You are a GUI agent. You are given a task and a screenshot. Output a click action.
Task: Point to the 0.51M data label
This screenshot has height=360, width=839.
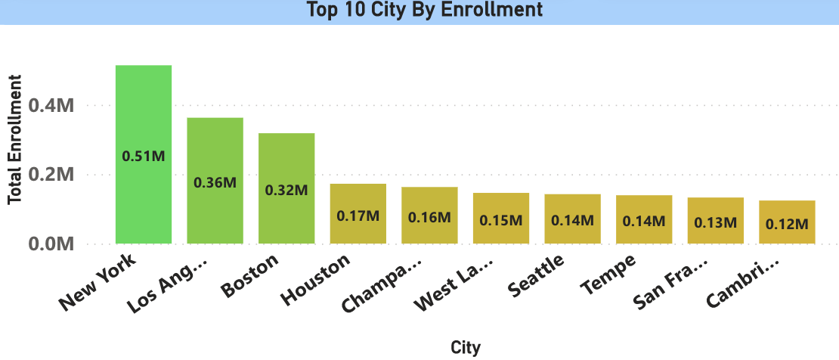[x=144, y=157]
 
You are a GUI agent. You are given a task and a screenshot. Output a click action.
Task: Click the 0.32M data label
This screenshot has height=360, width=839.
[x=286, y=190]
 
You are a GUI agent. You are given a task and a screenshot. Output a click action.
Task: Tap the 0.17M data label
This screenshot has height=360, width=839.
[x=358, y=216]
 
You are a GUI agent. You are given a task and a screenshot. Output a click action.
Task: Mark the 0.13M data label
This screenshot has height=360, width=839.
[x=715, y=222]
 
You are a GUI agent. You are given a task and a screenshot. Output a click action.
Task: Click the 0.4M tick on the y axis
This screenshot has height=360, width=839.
[x=51, y=106]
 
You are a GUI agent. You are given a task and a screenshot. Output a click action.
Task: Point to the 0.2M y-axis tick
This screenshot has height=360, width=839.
[x=51, y=175]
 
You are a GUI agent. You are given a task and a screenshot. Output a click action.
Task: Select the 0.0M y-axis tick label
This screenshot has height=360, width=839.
[x=51, y=244]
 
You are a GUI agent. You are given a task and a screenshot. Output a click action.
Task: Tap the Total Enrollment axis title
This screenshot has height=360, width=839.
[x=14, y=138]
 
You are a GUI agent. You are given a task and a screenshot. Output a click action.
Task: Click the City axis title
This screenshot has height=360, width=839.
[x=465, y=347]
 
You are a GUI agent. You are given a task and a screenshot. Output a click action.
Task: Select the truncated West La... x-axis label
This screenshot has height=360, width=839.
[x=455, y=284]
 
